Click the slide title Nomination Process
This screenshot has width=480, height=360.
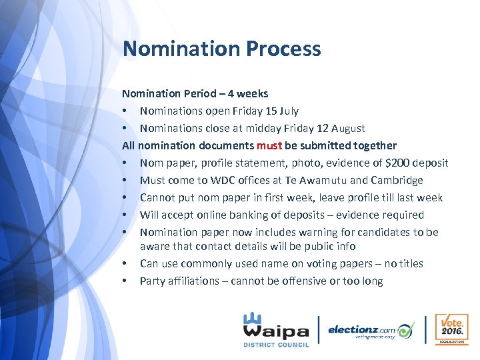pyautogui.click(x=221, y=49)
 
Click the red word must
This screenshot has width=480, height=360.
pyautogui.click(x=270, y=145)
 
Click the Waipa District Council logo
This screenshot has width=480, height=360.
pyautogui.click(x=275, y=329)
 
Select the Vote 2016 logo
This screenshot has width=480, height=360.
pyautogui.click(x=451, y=329)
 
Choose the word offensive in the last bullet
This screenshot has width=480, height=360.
pyautogui.click(x=293, y=281)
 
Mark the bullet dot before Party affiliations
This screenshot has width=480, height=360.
pyautogui.click(x=125, y=281)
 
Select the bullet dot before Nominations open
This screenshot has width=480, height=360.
pyautogui.click(x=125, y=111)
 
